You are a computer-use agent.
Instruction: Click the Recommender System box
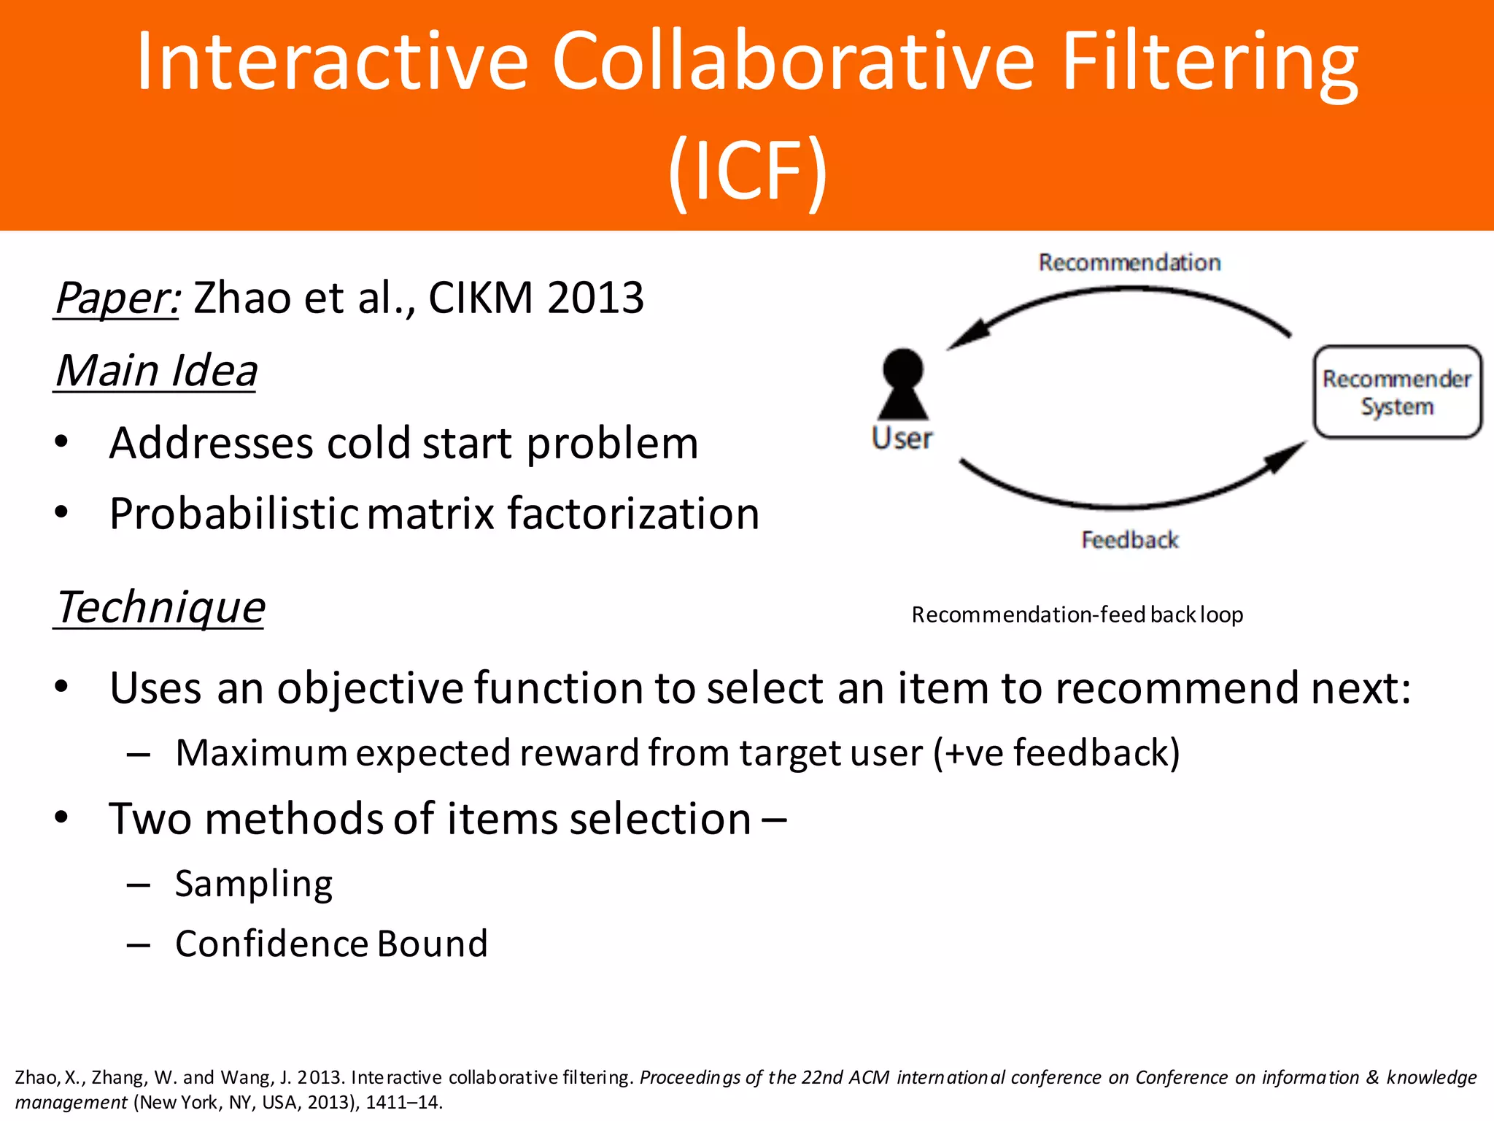[x=1397, y=392]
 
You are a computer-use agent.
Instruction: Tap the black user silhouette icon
[x=903, y=384]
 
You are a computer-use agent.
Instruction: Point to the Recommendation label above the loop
[x=1129, y=263]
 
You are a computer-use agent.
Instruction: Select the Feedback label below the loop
[x=1129, y=540]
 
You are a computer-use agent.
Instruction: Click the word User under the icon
[x=902, y=439]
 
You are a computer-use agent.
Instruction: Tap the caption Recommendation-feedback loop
[x=1077, y=615]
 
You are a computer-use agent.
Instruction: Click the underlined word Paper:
[x=117, y=298]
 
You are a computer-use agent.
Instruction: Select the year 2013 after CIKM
[x=595, y=298]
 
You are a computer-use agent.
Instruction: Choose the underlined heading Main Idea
[x=156, y=371]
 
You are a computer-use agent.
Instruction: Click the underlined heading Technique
[x=160, y=607]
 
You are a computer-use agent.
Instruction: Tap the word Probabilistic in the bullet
[x=233, y=514]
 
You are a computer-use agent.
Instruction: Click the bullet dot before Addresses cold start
[x=61, y=442]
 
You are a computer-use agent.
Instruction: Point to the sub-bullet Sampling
[x=254, y=884]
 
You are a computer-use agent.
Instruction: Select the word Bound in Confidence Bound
[x=433, y=944]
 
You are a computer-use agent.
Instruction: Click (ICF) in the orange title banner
[x=747, y=171]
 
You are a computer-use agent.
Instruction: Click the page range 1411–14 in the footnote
[x=403, y=1102]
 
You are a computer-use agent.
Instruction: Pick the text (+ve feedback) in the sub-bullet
[x=1056, y=753]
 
